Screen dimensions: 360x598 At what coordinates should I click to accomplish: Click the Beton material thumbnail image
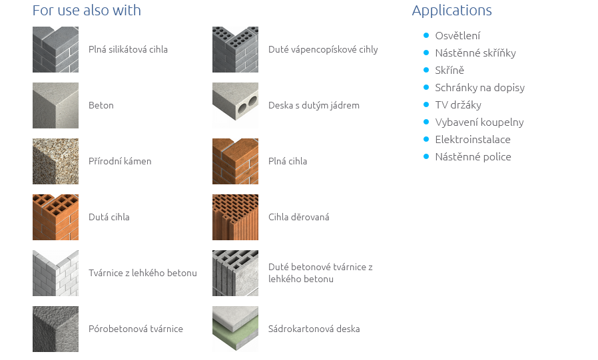click(55, 105)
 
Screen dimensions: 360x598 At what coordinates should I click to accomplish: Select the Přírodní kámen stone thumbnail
click(55, 161)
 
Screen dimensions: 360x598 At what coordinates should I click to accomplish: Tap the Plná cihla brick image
click(235, 161)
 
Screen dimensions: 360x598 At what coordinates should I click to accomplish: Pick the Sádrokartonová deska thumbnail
click(235, 329)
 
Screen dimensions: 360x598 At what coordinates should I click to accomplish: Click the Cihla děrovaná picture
click(235, 217)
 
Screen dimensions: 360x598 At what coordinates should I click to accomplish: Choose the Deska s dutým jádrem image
click(235, 105)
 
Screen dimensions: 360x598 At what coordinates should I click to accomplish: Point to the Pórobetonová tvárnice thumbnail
click(55, 329)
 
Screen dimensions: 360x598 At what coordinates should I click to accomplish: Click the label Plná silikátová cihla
click(128, 49)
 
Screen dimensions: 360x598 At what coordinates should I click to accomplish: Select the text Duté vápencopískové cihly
click(323, 49)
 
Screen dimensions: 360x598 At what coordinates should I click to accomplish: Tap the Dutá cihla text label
click(109, 217)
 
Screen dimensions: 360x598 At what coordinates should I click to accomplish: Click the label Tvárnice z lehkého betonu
click(143, 273)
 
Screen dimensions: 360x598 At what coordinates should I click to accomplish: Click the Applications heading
click(451, 11)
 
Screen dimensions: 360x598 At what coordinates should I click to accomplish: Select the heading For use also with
click(87, 11)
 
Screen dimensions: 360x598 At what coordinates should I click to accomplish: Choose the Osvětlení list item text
click(457, 36)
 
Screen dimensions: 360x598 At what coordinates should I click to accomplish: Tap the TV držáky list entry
click(458, 105)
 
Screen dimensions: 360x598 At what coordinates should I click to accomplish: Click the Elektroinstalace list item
click(473, 140)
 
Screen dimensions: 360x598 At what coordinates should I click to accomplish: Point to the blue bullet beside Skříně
click(426, 70)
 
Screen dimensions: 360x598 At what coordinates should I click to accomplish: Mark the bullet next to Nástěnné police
click(426, 156)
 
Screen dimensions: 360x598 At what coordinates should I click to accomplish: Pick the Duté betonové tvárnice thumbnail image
click(235, 273)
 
